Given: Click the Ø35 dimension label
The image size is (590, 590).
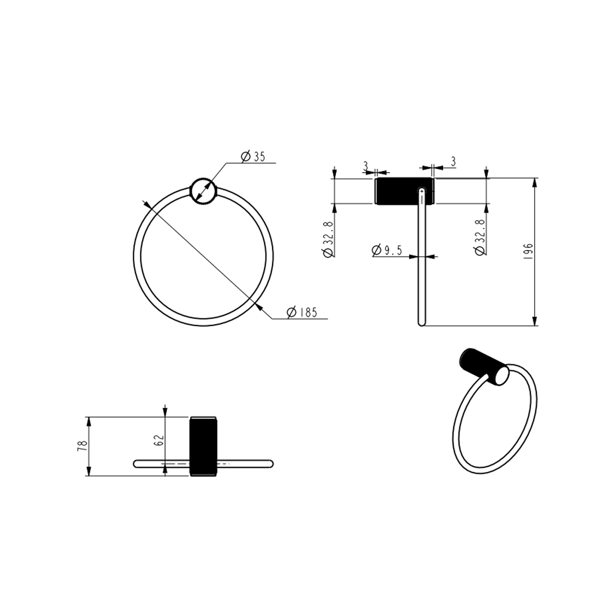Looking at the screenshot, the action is click(253, 156).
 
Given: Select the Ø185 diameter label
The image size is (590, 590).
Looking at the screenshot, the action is click(302, 312).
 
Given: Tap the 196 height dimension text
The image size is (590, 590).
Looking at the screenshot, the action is click(528, 251).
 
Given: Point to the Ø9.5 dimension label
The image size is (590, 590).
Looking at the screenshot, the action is click(387, 250).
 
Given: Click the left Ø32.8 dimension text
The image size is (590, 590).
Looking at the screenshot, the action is click(328, 239).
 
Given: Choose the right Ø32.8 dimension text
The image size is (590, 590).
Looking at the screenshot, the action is click(480, 238).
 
